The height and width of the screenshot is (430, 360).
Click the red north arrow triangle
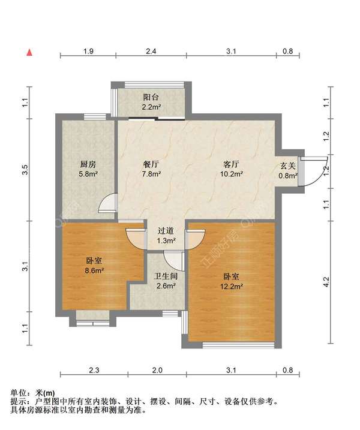(x=28, y=52)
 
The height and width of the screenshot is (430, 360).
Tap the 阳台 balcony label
(x=151, y=97)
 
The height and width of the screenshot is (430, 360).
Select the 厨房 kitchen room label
(x=89, y=164)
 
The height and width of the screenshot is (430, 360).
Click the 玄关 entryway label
(x=287, y=166)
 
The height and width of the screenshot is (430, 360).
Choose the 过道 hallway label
(x=166, y=230)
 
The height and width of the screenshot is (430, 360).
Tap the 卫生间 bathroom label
(x=166, y=276)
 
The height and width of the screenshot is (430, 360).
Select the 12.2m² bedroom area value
(x=232, y=287)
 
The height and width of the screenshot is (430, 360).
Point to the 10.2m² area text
(x=232, y=175)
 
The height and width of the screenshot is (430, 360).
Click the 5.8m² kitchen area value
(x=89, y=175)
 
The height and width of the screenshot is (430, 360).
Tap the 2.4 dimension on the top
(x=151, y=52)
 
